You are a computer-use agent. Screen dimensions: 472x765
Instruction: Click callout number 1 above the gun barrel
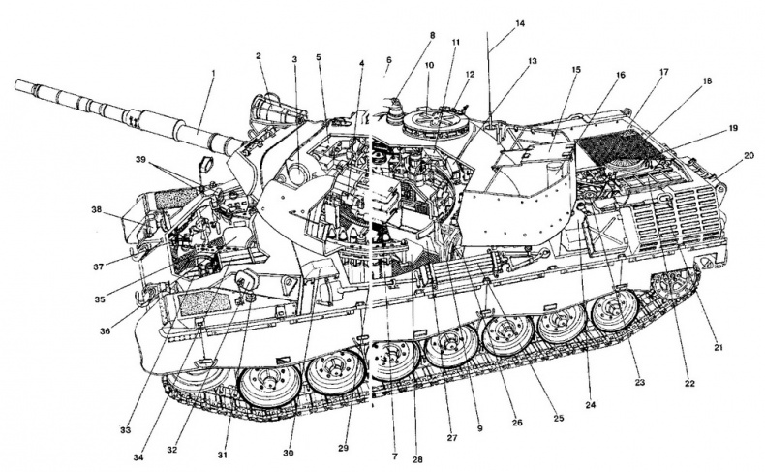(212, 73)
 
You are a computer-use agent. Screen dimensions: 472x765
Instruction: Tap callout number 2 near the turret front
(260, 56)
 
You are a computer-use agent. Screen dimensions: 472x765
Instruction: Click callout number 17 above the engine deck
(663, 71)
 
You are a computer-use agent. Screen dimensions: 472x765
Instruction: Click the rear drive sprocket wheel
(678, 285)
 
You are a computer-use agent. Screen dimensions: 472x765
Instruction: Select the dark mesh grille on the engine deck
(610, 145)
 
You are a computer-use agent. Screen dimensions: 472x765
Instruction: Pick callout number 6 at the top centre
(387, 59)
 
